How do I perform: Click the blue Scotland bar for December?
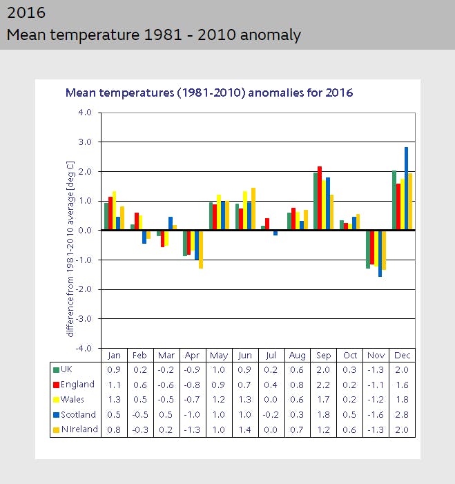pos(406,188)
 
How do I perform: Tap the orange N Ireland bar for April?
pos(201,249)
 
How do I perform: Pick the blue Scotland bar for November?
pos(380,253)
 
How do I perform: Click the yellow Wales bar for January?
pos(114,211)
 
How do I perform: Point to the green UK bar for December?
pos(394,200)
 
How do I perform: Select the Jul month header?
pos(271,355)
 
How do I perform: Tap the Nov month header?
pos(376,355)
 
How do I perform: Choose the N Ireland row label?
pos(79,429)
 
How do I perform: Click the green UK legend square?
pos(56,369)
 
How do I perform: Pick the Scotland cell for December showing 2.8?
pos(402,415)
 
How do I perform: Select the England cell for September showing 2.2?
pos(323,385)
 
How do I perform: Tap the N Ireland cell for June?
pos(244,429)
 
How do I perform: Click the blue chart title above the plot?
pos(209,93)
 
